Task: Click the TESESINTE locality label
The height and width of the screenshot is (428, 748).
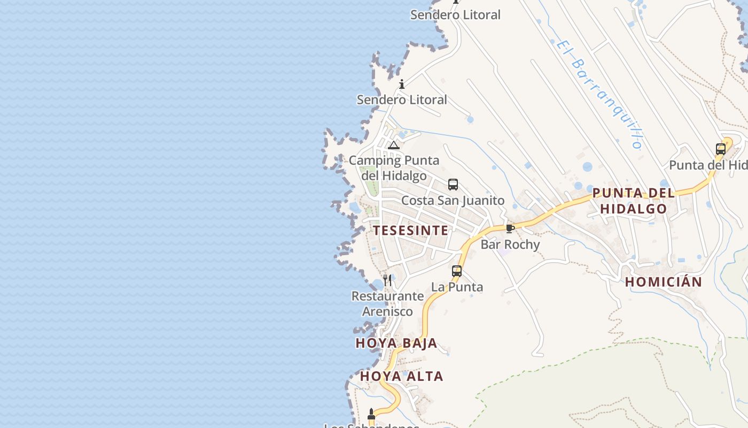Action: pos(410,231)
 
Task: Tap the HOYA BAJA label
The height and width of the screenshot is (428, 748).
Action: pos(396,343)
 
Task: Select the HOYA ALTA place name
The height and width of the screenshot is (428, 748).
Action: pos(401,377)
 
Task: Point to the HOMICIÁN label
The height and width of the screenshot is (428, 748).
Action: pos(664,282)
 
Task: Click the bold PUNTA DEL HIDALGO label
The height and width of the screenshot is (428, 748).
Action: pos(634,201)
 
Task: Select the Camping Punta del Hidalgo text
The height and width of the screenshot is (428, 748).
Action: pos(394,168)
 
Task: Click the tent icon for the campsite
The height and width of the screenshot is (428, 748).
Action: pos(394,145)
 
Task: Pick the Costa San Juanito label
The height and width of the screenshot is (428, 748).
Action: pos(453,201)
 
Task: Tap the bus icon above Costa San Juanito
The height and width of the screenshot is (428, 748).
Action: pos(453,185)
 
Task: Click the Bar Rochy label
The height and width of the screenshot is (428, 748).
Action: pos(510,244)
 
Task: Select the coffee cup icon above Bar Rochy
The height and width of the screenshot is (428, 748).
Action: pos(510,229)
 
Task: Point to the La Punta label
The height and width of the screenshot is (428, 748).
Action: pos(457,287)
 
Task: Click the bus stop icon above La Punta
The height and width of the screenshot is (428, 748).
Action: pos(457,271)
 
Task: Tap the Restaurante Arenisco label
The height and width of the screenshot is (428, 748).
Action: pos(387,304)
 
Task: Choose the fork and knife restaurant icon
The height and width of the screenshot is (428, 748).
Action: pos(387,280)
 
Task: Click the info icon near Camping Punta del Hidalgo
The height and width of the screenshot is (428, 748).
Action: pos(402,84)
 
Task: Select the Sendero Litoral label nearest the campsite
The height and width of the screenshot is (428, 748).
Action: pos(402,100)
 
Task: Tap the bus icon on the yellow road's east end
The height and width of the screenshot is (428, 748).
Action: pos(721,149)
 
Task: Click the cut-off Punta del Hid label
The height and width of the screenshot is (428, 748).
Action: pos(708,165)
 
